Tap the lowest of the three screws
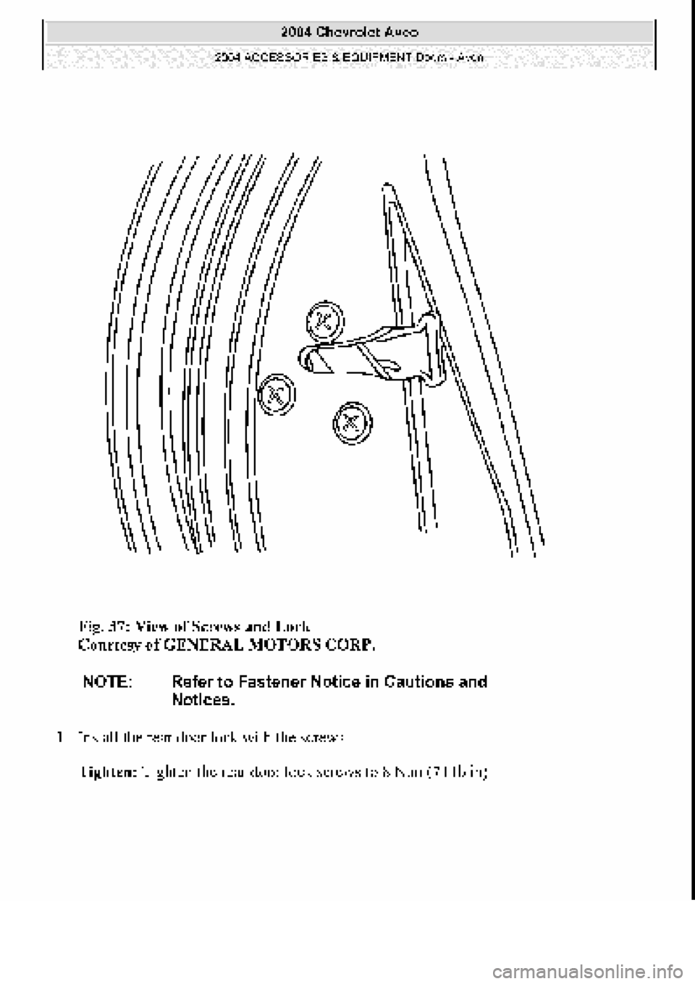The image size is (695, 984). point(351,420)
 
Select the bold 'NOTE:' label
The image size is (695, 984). point(107,682)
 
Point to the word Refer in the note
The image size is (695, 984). point(192,682)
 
